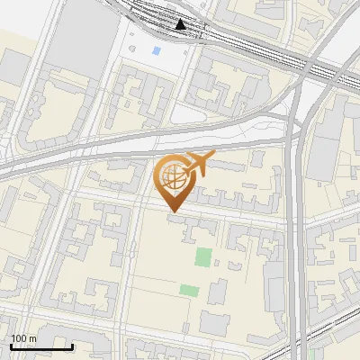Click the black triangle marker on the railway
pyautogui.click(x=182, y=24)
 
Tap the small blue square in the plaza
pyautogui.click(x=157, y=51)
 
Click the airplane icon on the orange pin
pyautogui.click(x=197, y=165)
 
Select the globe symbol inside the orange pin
pyautogui.click(x=172, y=175)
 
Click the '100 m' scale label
pyautogui.click(x=24, y=338)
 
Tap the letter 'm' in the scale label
pyautogui.click(x=33, y=338)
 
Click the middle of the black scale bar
pyautogui.click(x=41, y=346)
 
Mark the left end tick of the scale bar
pyautogui.click(x=11, y=345)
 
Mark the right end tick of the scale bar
pyautogui.click(x=73, y=345)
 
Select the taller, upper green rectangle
pyautogui.click(x=205, y=256)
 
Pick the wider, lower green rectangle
pyautogui.click(x=189, y=290)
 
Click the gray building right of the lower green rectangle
pyautogui.click(x=218, y=292)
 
